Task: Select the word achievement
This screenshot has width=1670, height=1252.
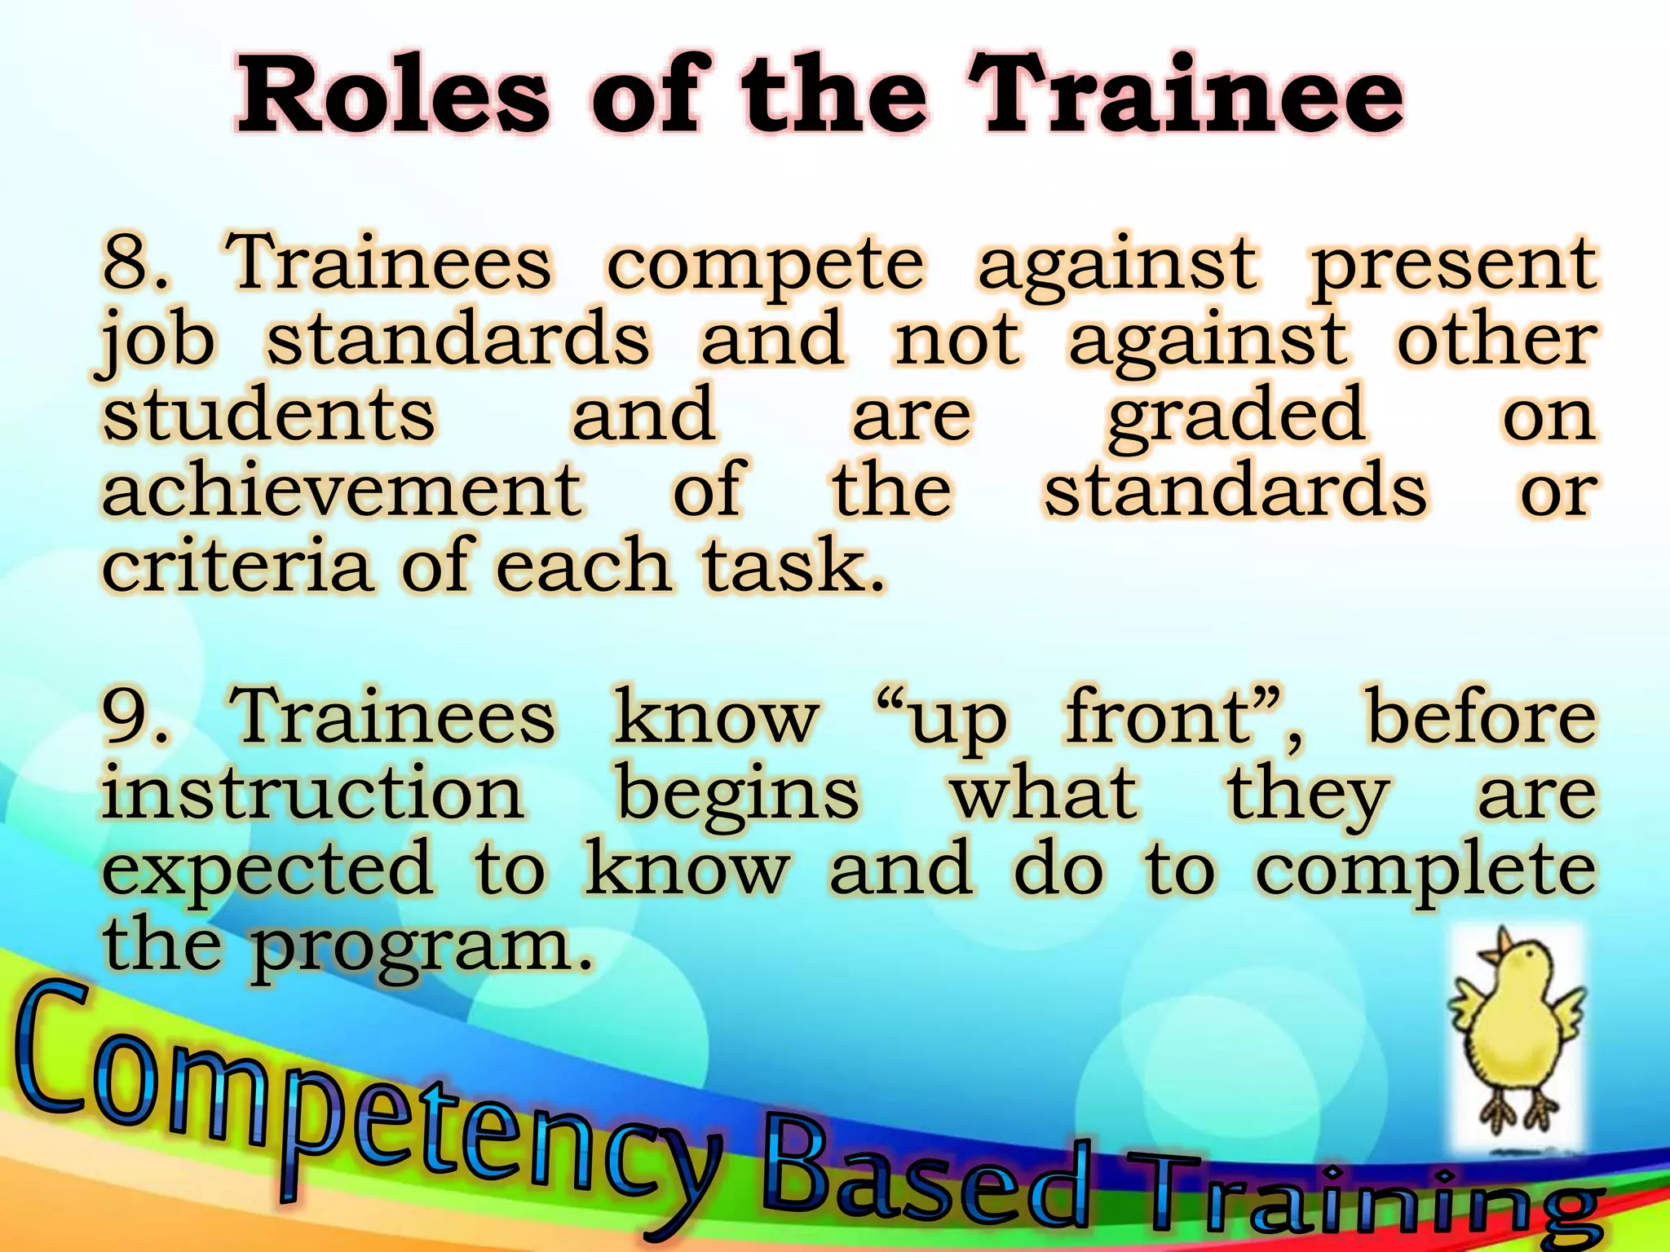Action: [x=342, y=489]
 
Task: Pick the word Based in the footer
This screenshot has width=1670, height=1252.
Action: [x=926, y=1174]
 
